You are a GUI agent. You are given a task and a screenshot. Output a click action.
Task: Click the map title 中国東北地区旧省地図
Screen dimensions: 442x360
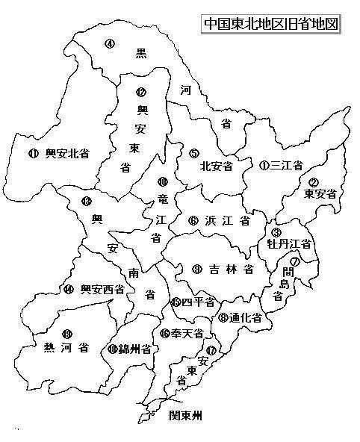(271, 22)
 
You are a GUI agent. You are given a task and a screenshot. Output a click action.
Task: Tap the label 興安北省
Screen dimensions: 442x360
(66, 154)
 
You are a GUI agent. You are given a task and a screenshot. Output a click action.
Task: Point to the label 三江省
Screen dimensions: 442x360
(286, 165)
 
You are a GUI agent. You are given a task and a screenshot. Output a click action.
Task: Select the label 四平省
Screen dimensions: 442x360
(199, 302)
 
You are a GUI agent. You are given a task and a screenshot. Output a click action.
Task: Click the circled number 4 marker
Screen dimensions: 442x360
(109, 44)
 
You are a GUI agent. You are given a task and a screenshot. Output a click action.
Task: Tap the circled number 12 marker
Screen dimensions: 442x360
(140, 93)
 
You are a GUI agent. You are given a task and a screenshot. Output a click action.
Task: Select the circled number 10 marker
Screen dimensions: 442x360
(161, 181)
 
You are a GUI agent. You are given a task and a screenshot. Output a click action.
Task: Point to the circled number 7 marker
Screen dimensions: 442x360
(295, 261)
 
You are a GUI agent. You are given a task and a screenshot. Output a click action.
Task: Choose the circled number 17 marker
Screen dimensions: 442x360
(211, 349)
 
